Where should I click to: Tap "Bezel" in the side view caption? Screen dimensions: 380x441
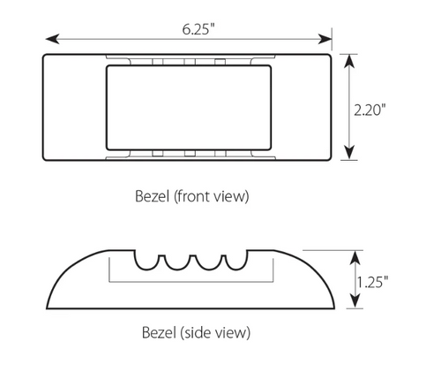click(161, 333)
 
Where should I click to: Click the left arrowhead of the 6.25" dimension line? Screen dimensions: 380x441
click(49, 38)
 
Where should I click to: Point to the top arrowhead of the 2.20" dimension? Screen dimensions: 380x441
click(351, 58)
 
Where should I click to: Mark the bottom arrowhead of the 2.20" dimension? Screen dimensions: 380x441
click(351, 158)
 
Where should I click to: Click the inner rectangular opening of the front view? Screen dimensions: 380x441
click(186, 107)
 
